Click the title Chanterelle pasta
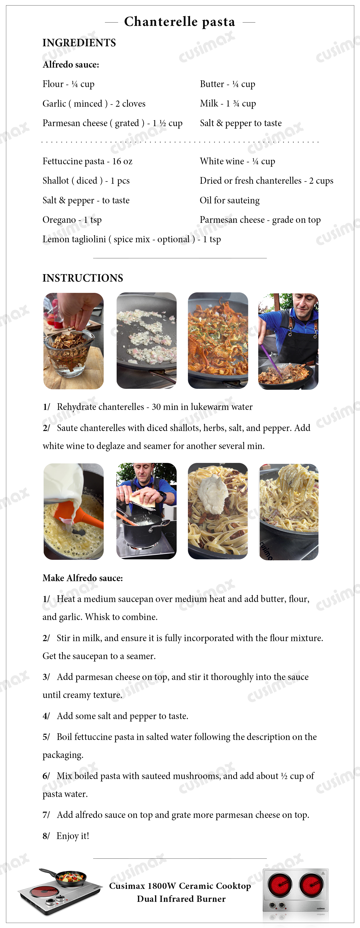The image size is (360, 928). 180,22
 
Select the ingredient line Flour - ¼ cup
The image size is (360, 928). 68,84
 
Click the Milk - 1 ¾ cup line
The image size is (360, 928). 228,103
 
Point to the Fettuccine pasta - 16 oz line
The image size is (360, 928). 88,161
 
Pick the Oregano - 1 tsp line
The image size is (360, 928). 72,220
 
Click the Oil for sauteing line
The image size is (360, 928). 229,200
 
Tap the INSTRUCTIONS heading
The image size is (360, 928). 83,278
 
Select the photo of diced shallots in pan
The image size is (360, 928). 146,340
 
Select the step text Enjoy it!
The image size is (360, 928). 72,836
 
